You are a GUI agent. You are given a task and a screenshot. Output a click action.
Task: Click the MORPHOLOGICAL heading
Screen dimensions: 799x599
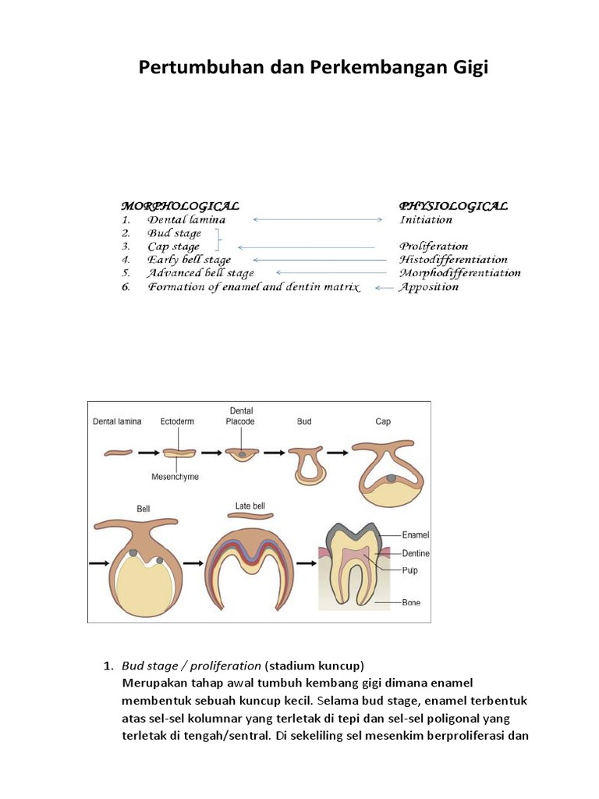[179, 206]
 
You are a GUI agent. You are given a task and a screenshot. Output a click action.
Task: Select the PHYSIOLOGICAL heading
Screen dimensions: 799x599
[453, 206]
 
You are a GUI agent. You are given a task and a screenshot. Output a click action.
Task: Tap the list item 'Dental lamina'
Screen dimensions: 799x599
[186, 220]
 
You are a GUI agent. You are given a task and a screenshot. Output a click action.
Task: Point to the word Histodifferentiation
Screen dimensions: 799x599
[453, 260]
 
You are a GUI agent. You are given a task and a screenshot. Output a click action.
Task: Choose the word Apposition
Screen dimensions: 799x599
[429, 287]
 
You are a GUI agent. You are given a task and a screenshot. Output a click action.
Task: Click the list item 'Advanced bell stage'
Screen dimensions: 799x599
[200, 273]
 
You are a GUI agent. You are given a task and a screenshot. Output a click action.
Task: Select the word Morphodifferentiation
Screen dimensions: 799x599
[460, 273]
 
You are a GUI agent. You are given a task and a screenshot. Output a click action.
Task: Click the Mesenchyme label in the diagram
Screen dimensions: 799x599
[175, 477]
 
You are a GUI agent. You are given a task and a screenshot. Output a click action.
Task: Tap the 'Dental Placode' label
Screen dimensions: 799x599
[241, 416]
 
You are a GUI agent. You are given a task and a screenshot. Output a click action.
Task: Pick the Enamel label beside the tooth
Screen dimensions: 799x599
[415, 535]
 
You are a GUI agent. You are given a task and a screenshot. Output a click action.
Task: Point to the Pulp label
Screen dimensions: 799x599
[409, 570]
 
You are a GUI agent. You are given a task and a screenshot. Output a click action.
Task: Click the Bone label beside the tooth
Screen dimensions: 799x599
[410, 602]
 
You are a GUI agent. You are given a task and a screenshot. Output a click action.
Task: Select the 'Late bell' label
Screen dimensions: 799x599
[250, 506]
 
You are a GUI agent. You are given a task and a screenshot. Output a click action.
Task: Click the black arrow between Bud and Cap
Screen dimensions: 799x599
[336, 453]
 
